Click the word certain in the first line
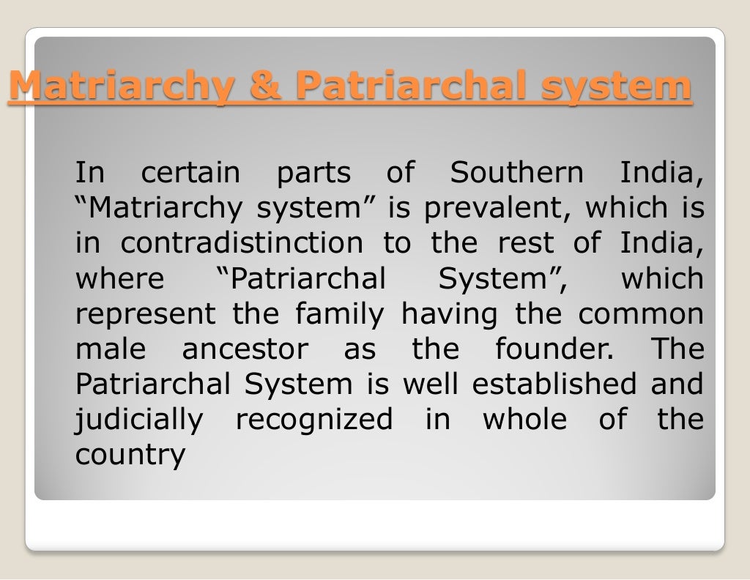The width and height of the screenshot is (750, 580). click(190, 174)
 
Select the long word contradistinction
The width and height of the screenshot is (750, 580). click(241, 244)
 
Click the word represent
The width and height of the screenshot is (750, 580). click(146, 315)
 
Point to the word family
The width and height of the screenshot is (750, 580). click(340, 314)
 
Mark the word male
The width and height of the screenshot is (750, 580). click(111, 349)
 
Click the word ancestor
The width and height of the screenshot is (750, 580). click(245, 349)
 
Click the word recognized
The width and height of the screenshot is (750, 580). click(313, 420)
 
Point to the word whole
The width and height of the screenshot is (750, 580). click(524, 420)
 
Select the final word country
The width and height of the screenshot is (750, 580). click(130, 456)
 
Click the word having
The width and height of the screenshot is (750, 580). click(449, 314)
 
